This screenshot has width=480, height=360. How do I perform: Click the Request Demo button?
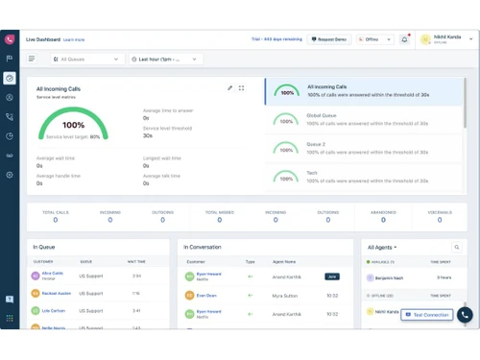(329, 39)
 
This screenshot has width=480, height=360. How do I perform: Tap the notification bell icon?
(405, 39)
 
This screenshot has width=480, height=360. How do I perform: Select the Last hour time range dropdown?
(165, 59)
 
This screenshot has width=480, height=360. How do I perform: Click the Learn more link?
(74, 40)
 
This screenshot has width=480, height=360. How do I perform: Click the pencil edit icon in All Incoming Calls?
(230, 88)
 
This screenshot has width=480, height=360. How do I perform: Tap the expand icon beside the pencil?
(241, 88)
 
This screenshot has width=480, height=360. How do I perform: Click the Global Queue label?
(323, 115)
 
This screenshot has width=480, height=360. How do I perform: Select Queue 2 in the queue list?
(317, 143)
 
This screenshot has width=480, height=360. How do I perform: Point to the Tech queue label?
(312, 171)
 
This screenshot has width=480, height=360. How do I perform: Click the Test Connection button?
(426, 315)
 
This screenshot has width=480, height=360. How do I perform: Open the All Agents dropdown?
(382, 247)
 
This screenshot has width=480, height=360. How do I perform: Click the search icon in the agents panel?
(458, 247)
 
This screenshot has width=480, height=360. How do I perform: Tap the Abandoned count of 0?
(383, 220)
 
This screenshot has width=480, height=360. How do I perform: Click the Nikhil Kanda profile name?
(447, 36)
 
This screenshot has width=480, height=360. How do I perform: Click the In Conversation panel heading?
(203, 247)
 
